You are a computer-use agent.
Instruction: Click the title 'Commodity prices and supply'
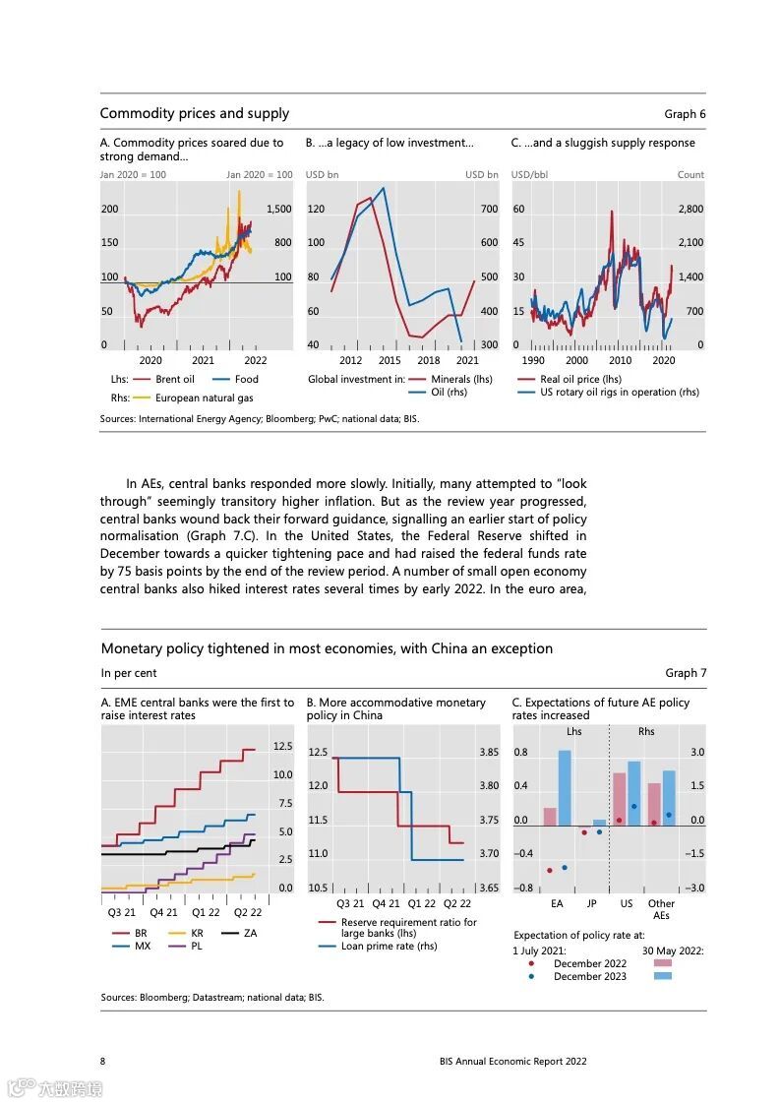(194, 114)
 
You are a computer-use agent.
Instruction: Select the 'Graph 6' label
(685, 114)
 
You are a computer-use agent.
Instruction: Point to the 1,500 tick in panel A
(278, 209)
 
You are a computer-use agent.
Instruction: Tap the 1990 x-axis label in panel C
(532, 360)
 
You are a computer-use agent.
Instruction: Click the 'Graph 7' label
(686, 673)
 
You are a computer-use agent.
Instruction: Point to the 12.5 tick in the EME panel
(282, 747)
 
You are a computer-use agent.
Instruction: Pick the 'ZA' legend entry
(250, 932)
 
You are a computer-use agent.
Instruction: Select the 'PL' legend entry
(197, 946)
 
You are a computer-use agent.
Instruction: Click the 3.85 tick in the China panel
(488, 752)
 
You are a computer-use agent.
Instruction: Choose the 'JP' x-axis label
(591, 903)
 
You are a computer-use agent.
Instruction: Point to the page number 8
(103, 1061)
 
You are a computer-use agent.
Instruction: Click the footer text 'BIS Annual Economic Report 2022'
(513, 1061)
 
